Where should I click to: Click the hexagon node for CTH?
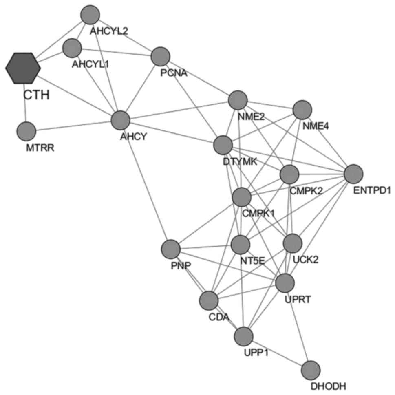point(23,68)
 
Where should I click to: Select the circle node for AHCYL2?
point(90,15)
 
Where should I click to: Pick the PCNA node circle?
point(160,56)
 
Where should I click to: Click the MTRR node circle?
point(26,132)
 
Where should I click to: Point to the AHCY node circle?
point(121,120)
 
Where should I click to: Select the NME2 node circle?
point(238,100)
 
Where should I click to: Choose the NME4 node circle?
point(302,110)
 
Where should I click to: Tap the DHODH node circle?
point(311,370)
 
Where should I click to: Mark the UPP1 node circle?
point(244,336)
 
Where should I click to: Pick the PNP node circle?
point(170,249)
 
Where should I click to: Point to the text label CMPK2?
point(306,191)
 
